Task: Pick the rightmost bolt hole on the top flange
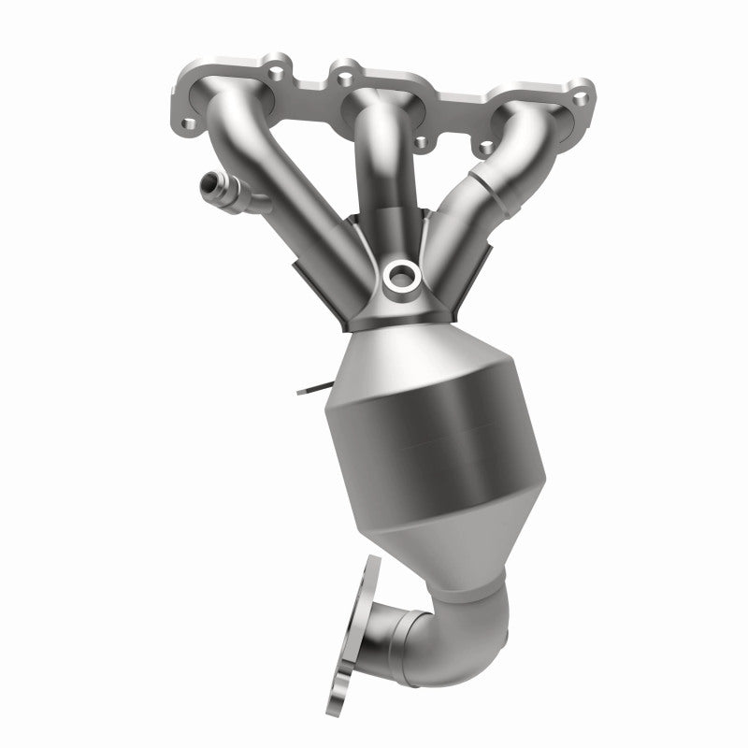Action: coord(583,96)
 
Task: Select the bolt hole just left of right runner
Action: coord(485,147)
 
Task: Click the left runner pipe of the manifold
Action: coord(262,187)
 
